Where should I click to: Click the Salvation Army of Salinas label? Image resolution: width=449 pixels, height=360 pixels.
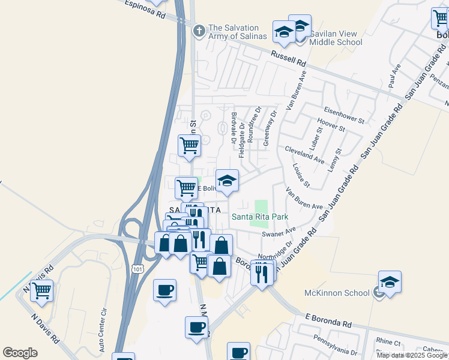tap(233, 32)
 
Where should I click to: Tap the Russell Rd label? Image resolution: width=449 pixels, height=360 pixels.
tap(288, 58)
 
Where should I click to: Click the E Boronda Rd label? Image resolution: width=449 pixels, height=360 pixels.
tap(328, 319)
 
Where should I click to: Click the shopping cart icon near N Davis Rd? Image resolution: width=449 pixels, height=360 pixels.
tap(41, 291)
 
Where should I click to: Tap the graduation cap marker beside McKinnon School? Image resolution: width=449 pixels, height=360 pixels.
tap(390, 282)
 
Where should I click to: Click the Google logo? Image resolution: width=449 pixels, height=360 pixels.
tap(20, 353)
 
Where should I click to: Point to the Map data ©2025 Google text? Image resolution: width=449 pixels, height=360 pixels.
tap(412, 355)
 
